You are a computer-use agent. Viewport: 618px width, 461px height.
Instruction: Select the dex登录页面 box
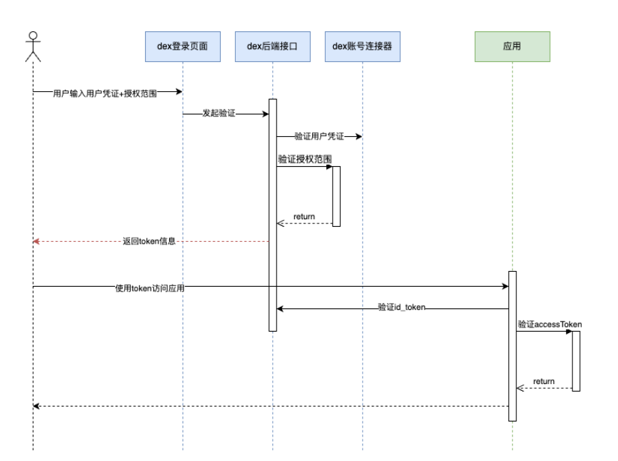182,46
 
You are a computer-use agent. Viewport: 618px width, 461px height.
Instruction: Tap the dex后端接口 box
273,46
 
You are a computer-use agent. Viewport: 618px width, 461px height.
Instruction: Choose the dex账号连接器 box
362,46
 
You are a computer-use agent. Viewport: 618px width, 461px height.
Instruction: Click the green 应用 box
512,46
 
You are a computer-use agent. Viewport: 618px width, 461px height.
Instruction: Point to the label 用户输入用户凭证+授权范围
105,94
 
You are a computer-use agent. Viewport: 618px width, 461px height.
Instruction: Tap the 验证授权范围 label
305,159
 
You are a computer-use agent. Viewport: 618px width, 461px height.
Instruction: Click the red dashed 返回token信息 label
149,241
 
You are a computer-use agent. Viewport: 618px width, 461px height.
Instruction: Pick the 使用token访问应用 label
149,287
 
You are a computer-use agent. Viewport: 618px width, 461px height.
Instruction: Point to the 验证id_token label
401,308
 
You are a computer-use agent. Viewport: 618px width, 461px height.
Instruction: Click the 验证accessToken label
549,324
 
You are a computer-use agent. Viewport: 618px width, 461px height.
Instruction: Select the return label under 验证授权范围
304,217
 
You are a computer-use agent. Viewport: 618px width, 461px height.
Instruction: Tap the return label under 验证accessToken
544,381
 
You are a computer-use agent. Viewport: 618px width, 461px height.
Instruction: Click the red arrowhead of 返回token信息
37,241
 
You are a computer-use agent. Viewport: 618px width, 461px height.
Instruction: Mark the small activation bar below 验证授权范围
336,196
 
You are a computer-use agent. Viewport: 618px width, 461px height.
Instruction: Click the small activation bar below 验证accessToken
576,361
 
